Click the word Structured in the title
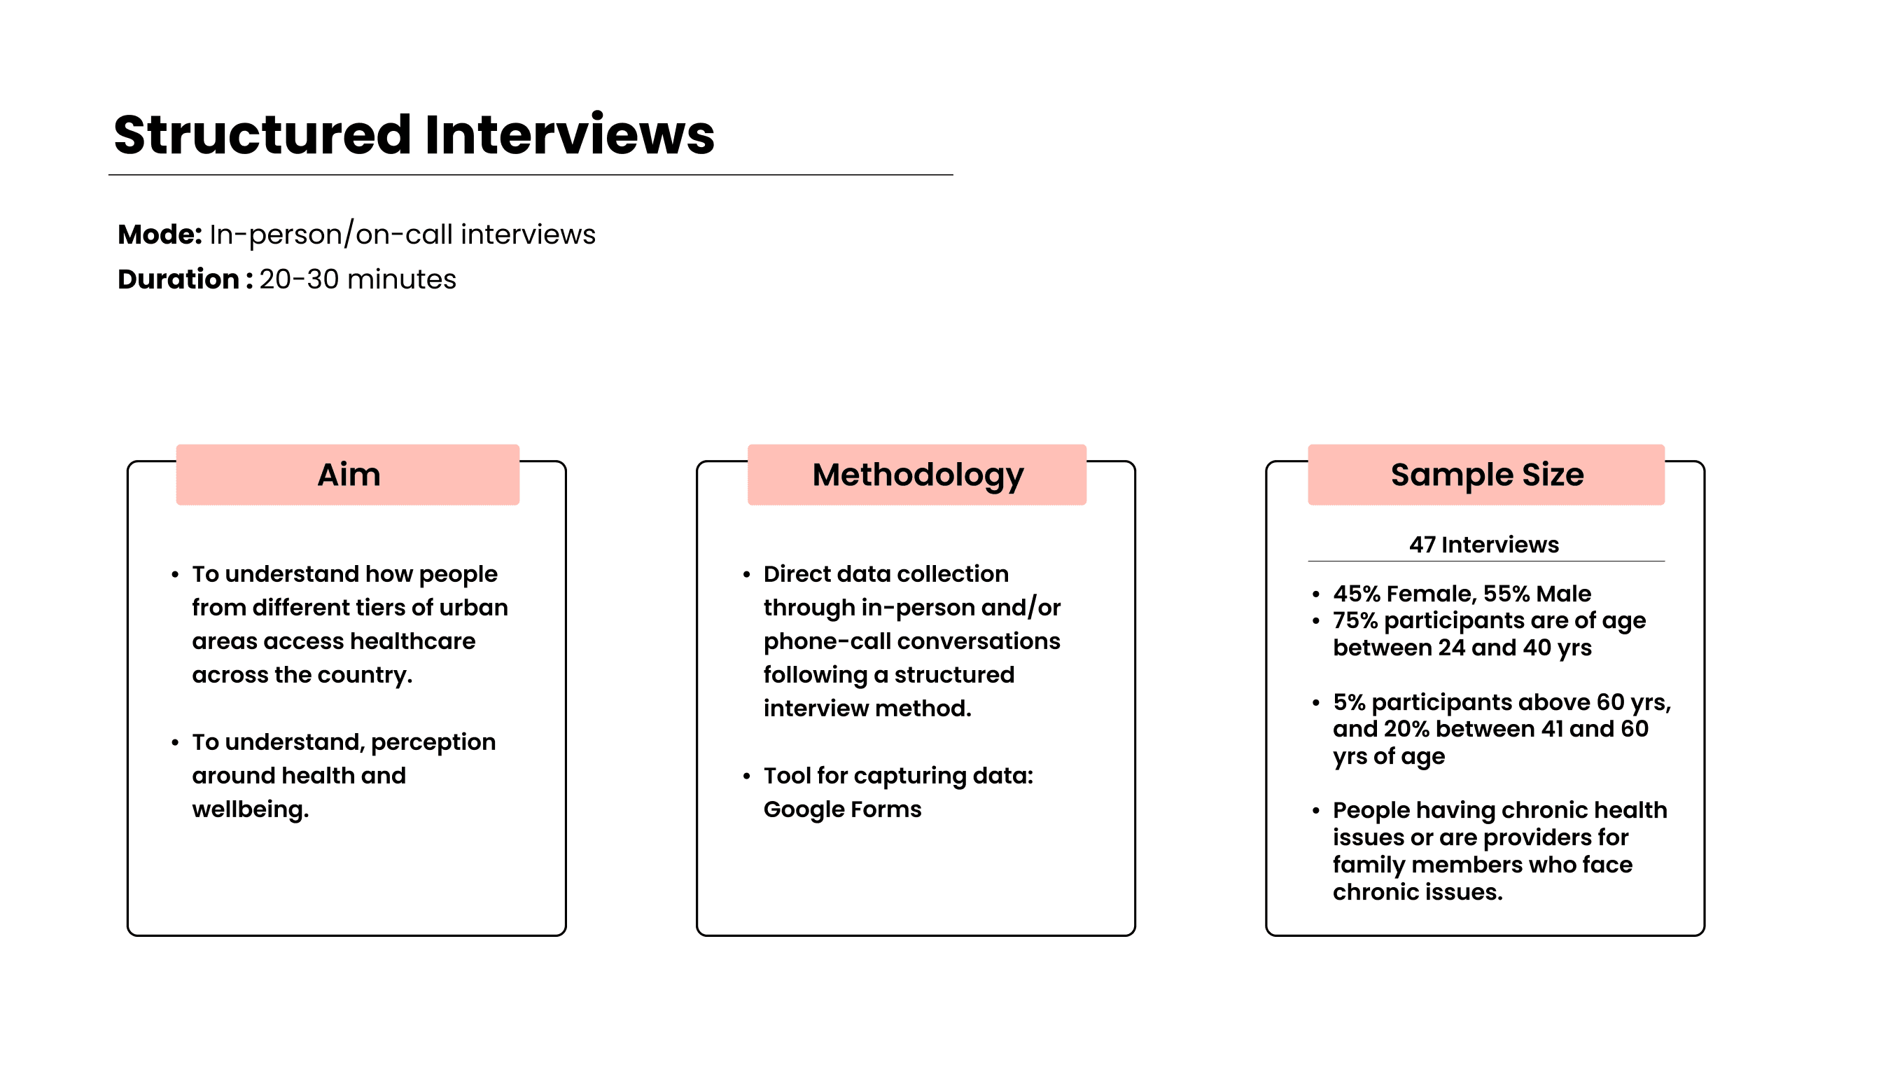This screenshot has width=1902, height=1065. click(262, 135)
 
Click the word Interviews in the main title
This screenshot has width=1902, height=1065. click(569, 135)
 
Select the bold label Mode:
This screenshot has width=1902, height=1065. click(160, 235)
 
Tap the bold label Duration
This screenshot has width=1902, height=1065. click(178, 280)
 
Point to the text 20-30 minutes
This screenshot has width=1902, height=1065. click(357, 280)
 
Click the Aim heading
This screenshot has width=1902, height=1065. click(349, 475)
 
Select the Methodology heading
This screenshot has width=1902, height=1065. click(918, 475)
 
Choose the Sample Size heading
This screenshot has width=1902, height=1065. click(1486, 475)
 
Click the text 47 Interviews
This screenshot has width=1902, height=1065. click(1483, 545)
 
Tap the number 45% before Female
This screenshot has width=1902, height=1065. click(1357, 594)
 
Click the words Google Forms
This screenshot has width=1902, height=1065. click(841, 809)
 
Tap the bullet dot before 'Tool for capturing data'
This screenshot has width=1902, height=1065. click(746, 777)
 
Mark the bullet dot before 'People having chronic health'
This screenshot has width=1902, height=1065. click(1316, 811)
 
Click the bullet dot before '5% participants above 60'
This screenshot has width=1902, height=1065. click(1316, 702)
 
